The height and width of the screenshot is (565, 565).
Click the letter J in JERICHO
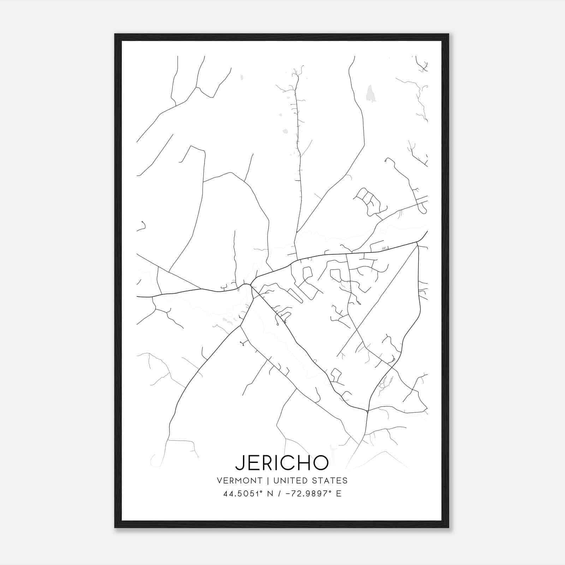239,463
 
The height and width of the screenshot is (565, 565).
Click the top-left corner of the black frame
115,34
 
